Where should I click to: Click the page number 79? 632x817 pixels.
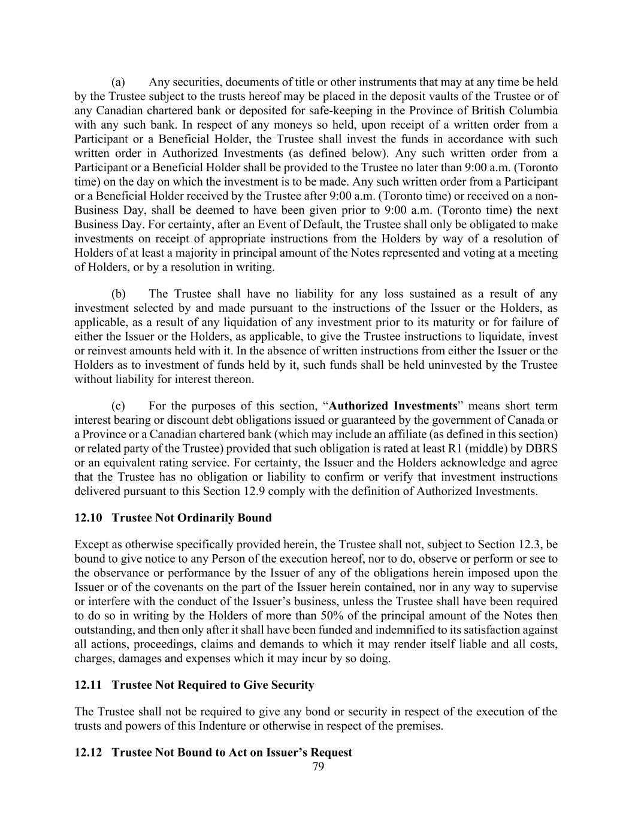point(318,767)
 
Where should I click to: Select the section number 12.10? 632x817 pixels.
point(86,518)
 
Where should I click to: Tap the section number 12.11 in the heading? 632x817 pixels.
point(86,685)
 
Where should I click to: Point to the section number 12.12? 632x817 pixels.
point(86,752)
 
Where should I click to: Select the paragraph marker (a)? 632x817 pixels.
point(118,82)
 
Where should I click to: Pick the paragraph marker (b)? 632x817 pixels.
point(118,294)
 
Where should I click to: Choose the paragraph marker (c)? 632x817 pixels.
point(118,405)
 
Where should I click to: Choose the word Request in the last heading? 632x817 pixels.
point(329,752)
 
